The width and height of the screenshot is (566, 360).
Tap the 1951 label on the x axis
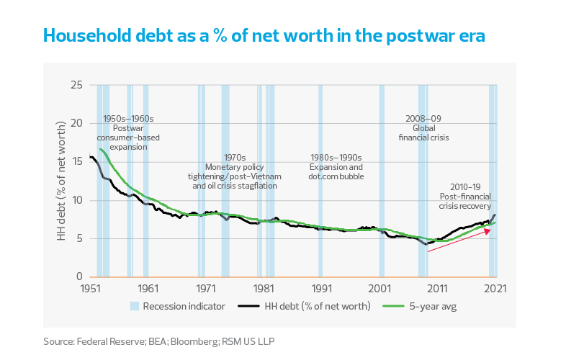(x=90, y=289)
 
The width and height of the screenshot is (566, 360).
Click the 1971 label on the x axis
(x=206, y=289)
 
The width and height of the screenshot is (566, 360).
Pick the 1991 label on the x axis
(x=322, y=289)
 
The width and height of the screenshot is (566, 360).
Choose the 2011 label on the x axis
(x=438, y=289)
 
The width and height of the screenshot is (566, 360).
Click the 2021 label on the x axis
(x=495, y=289)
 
